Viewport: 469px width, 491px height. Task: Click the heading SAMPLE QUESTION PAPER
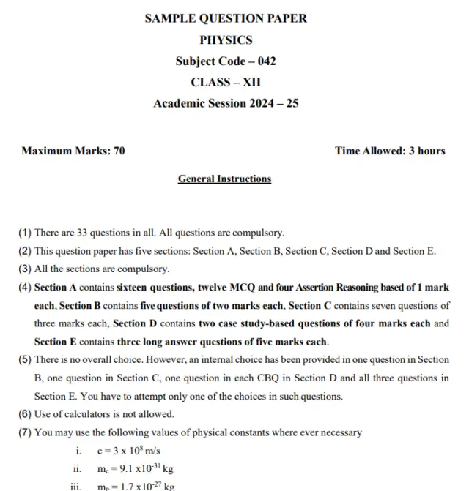coord(226,18)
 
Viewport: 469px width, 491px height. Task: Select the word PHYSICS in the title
coord(226,40)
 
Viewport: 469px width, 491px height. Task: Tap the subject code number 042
coord(262,61)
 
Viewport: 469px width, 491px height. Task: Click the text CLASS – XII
coord(226,83)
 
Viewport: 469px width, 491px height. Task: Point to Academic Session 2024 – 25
coord(226,104)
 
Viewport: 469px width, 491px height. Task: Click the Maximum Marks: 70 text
coord(73,151)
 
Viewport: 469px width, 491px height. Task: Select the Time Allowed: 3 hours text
coord(390,151)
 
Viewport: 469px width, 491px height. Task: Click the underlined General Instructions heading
coord(224,179)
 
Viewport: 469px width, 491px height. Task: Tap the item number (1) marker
coord(25,233)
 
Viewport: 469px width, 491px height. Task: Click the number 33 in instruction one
coord(84,233)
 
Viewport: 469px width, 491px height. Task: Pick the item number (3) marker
coord(25,269)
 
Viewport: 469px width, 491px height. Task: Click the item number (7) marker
coord(25,432)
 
